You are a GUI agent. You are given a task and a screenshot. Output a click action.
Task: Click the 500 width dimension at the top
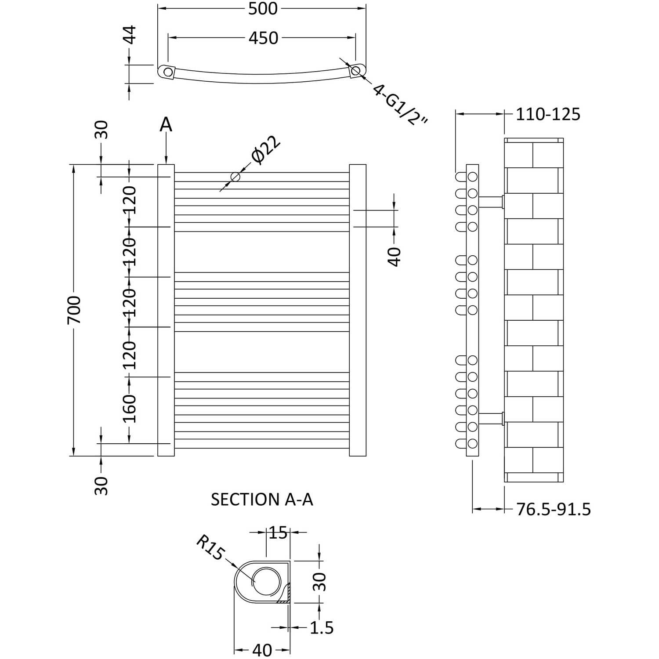[x=263, y=9]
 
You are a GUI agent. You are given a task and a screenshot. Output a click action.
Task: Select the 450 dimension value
[x=263, y=38]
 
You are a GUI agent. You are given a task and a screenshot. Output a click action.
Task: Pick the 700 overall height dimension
[x=74, y=310]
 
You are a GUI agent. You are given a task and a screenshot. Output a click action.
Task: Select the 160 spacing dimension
[x=130, y=409]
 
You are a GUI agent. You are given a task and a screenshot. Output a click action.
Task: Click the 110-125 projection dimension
[x=548, y=114]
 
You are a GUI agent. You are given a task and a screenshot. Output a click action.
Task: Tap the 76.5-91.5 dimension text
[x=553, y=510]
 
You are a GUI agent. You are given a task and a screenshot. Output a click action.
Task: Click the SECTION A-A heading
[x=262, y=500]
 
